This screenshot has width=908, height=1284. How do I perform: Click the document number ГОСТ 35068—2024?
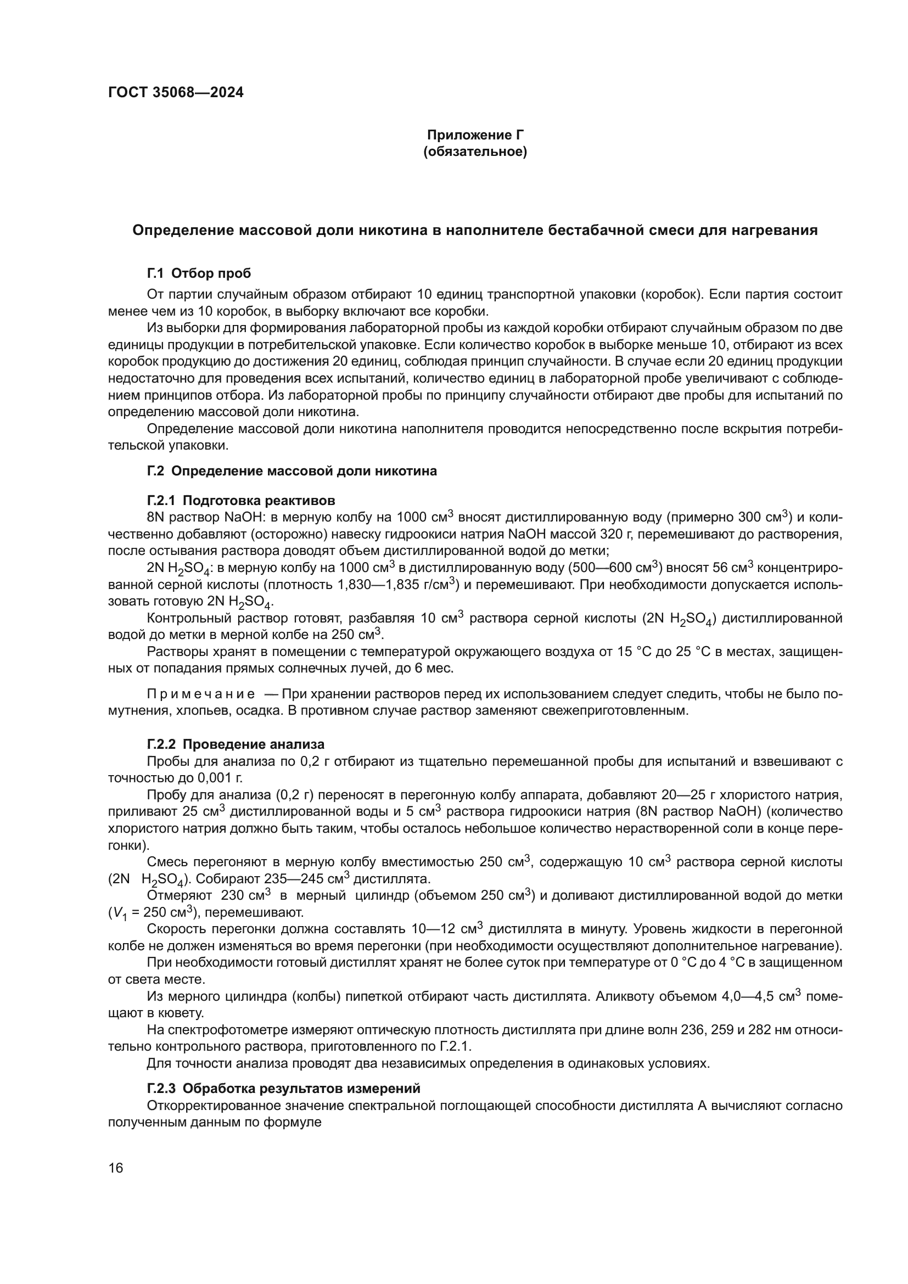click(x=176, y=92)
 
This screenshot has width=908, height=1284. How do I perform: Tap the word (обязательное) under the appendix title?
click(x=475, y=152)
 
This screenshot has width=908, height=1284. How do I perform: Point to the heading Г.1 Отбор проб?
click(x=199, y=273)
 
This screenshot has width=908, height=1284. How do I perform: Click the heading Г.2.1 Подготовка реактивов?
click(x=241, y=500)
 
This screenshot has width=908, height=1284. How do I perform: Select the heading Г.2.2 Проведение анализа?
click(x=236, y=744)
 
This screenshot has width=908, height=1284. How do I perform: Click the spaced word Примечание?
click(x=201, y=694)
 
